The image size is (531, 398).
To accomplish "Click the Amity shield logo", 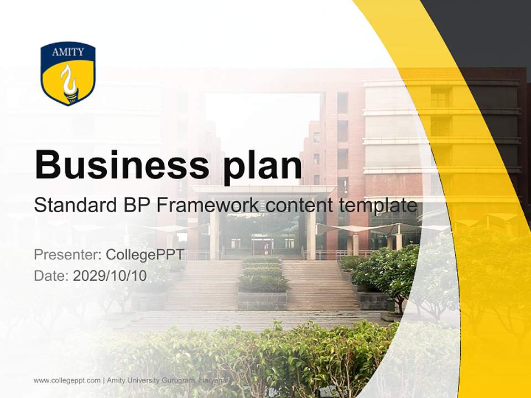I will (x=68, y=74).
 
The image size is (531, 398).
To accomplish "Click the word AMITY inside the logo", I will (x=68, y=53).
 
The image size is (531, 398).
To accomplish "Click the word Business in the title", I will (x=118, y=164).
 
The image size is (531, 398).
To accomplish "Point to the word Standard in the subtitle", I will (x=73, y=206).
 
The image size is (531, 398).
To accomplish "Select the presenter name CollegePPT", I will (x=144, y=255).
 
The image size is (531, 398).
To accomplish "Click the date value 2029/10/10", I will (x=110, y=276).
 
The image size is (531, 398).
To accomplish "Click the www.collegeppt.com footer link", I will (x=67, y=380).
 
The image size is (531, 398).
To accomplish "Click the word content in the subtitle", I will (x=300, y=206).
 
